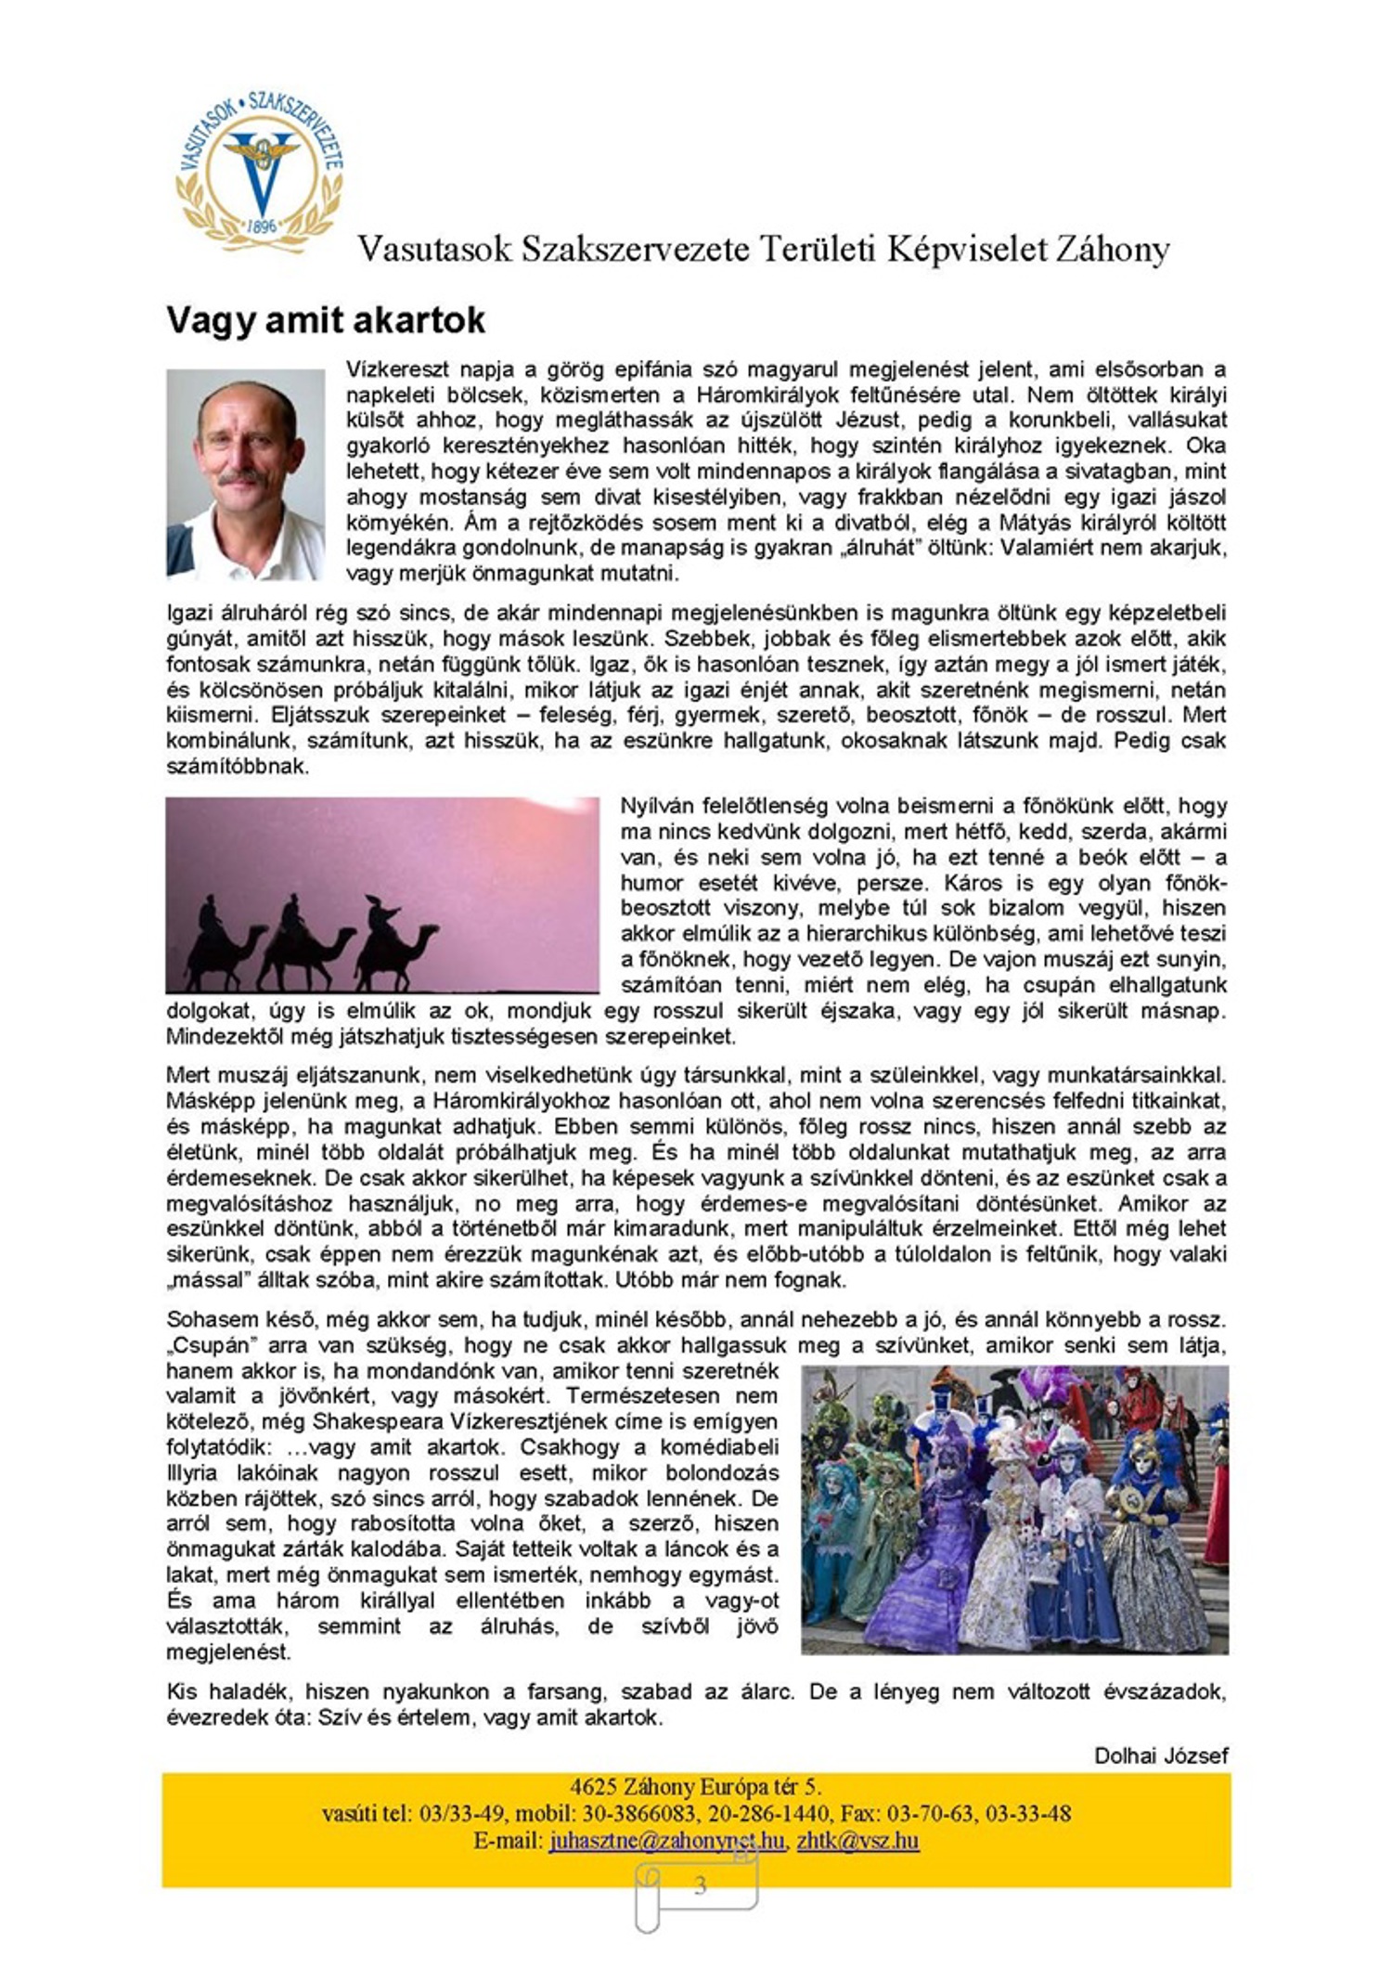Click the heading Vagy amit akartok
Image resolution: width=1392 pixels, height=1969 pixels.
click(326, 320)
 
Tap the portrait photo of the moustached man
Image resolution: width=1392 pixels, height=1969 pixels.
click(245, 474)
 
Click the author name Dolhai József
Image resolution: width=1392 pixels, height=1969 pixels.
click(1161, 1755)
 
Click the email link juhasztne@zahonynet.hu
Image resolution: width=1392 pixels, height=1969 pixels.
click(666, 1840)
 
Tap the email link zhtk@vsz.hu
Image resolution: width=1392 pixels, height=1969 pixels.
click(857, 1840)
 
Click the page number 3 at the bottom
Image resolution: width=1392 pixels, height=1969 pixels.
click(700, 1885)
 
